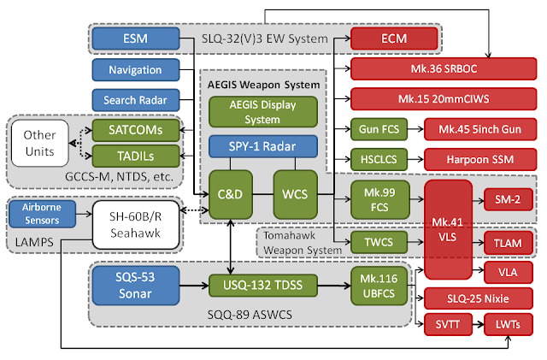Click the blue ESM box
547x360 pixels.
click(135, 38)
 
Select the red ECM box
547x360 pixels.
click(394, 38)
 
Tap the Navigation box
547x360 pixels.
click(135, 69)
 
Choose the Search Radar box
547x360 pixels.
click(135, 99)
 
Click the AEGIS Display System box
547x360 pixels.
click(262, 112)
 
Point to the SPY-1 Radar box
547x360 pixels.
click(262, 145)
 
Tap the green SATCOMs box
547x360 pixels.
click(138, 130)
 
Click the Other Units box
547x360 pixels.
click(39, 143)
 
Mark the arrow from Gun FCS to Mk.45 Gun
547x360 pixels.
click(409, 130)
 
